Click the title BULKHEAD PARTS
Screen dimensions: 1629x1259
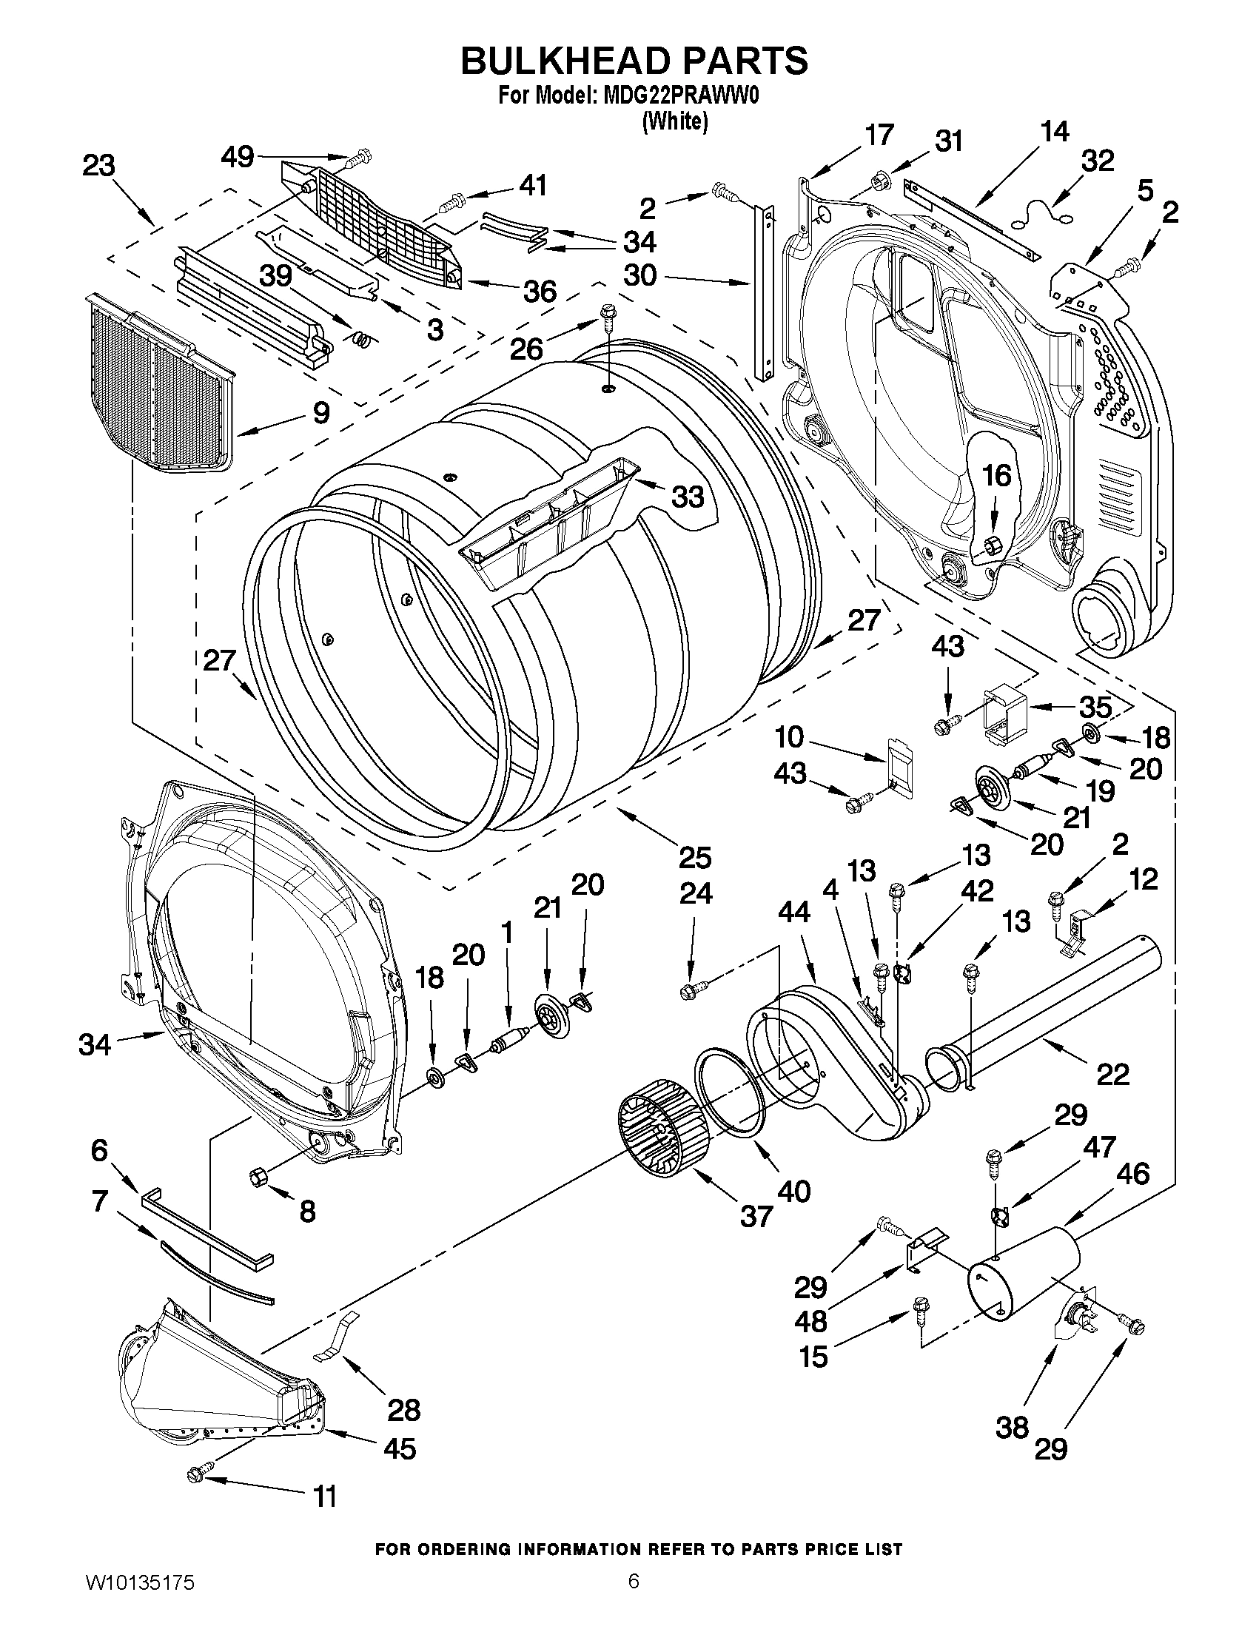point(634,61)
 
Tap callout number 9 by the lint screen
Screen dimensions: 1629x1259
point(320,412)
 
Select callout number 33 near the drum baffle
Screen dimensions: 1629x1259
point(687,496)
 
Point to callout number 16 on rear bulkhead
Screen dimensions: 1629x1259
point(998,475)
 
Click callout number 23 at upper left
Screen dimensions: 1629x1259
point(98,166)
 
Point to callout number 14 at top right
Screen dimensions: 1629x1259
point(1055,132)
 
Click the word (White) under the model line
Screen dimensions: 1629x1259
point(674,121)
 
